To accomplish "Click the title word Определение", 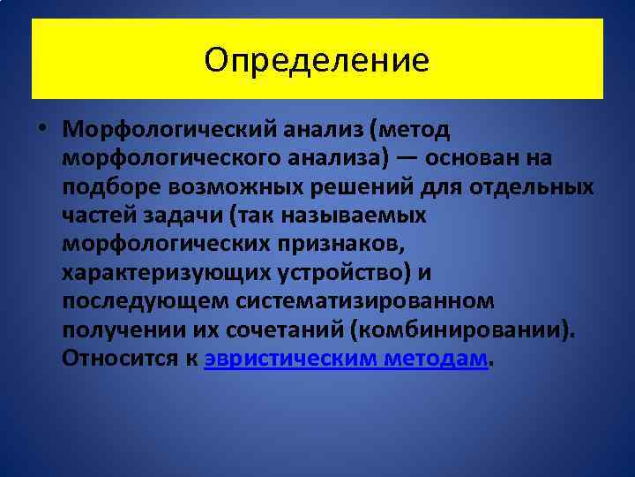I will pyautogui.click(x=317, y=59).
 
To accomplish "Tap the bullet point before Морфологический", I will pyautogui.click(x=44, y=130).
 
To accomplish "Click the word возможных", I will pyautogui.click(x=209, y=186).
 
